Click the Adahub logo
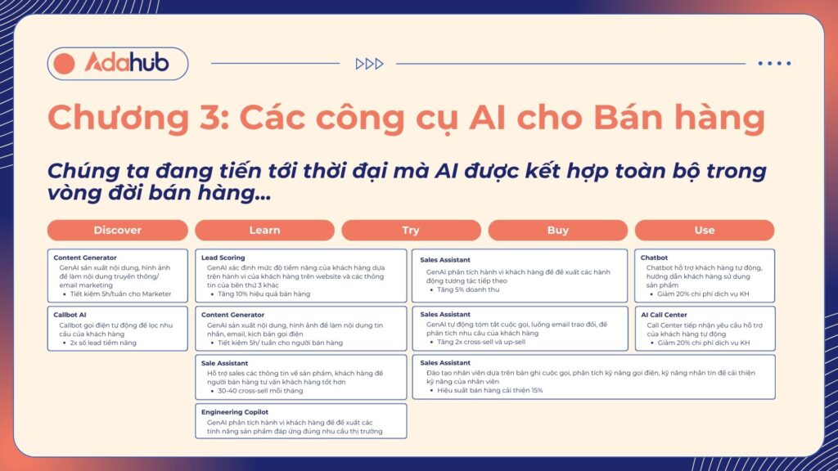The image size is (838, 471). coord(117,63)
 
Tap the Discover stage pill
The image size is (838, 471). coord(117,231)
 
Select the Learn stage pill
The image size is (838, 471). coord(264,231)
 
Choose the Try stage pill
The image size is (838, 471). coord(411,231)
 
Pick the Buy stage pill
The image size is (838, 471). coord(557,231)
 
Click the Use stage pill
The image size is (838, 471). coord(704,231)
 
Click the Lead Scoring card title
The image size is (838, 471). coord(223,258)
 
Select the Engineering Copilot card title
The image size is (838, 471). coord(235,412)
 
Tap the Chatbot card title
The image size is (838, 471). coord(655,258)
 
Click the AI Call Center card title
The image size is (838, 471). coord(664,315)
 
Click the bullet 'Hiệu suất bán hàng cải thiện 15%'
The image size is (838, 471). coord(489,391)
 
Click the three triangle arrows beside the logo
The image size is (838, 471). coord(369,64)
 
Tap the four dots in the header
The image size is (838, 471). coord(774,64)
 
